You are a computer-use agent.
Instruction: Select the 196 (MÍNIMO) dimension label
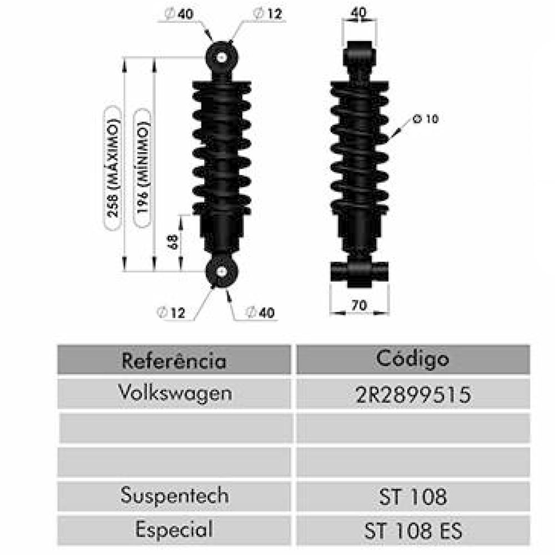pyautogui.click(x=143, y=166)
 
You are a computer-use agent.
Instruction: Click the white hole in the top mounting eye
pyautogui.click(x=223, y=57)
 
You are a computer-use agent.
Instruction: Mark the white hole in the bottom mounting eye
pyautogui.click(x=223, y=271)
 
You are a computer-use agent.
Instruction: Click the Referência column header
pyautogui.click(x=174, y=360)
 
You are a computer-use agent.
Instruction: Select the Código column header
pyautogui.click(x=412, y=359)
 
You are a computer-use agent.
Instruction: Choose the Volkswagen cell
pyautogui.click(x=175, y=393)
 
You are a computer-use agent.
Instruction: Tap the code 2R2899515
pyautogui.click(x=412, y=394)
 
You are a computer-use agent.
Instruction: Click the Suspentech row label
pyautogui.click(x=174, y=496)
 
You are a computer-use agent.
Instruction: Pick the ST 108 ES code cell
pyautogui.click(x=412, y=531)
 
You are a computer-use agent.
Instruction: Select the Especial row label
pyautogui.click(x=174, y=529)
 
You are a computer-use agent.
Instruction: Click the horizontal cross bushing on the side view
pyautogui.click(x=359, y=272)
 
